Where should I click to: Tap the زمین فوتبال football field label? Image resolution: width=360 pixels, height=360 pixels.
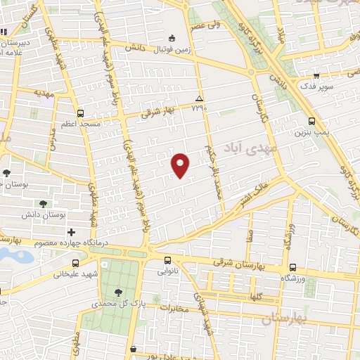pos(171,48)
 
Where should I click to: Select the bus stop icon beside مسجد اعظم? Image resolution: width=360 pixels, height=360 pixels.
pos(80,112)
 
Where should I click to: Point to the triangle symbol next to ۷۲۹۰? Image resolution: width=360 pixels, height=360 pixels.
pos(200,98)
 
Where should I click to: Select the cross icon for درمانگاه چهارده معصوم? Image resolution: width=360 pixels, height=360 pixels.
pos(70,232)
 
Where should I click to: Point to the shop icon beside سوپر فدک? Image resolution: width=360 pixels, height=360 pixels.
pos(316,75)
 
